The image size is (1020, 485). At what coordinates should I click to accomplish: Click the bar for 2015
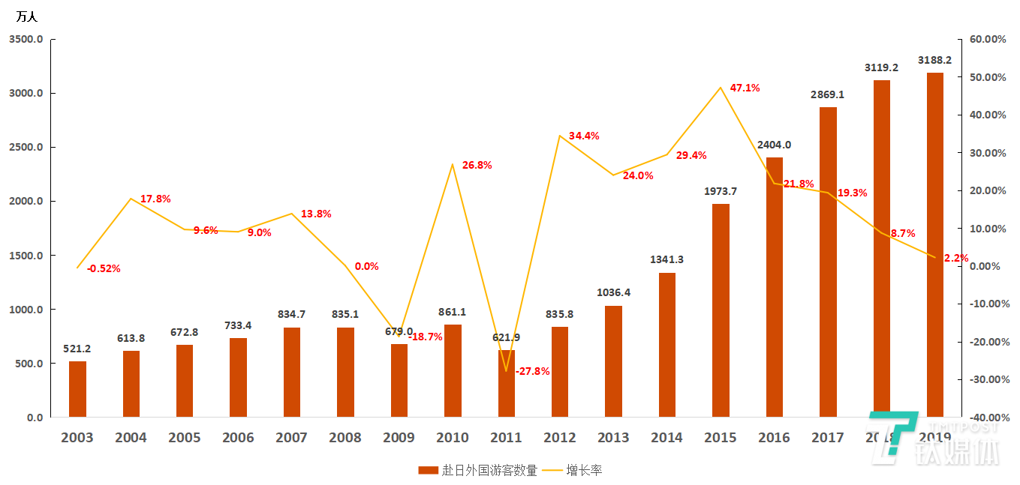721,310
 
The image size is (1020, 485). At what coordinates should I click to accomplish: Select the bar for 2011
507,383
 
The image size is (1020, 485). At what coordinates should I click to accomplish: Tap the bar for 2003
77,389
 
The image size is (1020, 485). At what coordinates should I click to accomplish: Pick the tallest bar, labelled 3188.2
934,244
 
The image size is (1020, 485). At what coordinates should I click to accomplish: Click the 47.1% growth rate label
745,88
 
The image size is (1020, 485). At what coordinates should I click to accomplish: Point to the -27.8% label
532,371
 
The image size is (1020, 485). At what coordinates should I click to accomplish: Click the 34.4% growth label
584,136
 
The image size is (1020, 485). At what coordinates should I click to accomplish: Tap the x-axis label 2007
291,438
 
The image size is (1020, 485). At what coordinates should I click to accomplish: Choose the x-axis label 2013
613,438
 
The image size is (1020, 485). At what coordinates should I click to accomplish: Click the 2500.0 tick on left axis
26,148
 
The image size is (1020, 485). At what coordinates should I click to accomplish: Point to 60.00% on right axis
983,40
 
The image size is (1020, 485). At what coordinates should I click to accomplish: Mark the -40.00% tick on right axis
983,418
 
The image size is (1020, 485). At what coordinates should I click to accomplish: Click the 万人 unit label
26,16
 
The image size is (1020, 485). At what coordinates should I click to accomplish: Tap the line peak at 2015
721,88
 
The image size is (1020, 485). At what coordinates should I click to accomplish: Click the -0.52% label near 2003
104,268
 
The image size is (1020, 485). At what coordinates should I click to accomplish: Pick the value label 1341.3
666,259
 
